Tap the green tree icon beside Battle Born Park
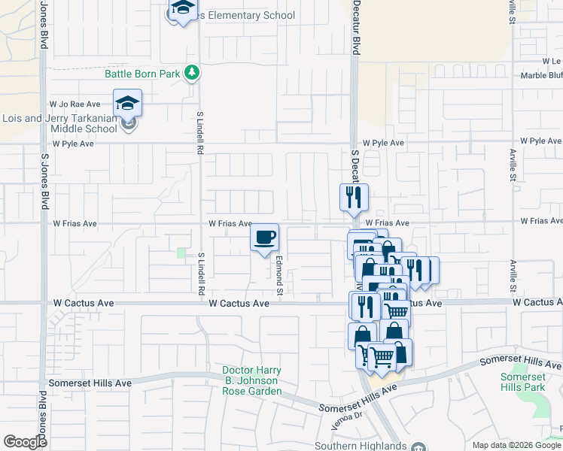(194, 72)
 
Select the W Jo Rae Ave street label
(75, 104)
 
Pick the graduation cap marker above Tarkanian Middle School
(128, 103)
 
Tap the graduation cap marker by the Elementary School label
(181, 10)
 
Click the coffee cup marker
(264, 238)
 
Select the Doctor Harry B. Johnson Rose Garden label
(251, 380)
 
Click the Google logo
(25, 442)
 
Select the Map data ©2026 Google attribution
(517, 445)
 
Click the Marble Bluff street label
(541, 75)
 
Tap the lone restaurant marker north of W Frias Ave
(354, 198)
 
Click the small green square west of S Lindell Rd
(181, 253)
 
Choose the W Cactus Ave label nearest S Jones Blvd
(83, 303)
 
